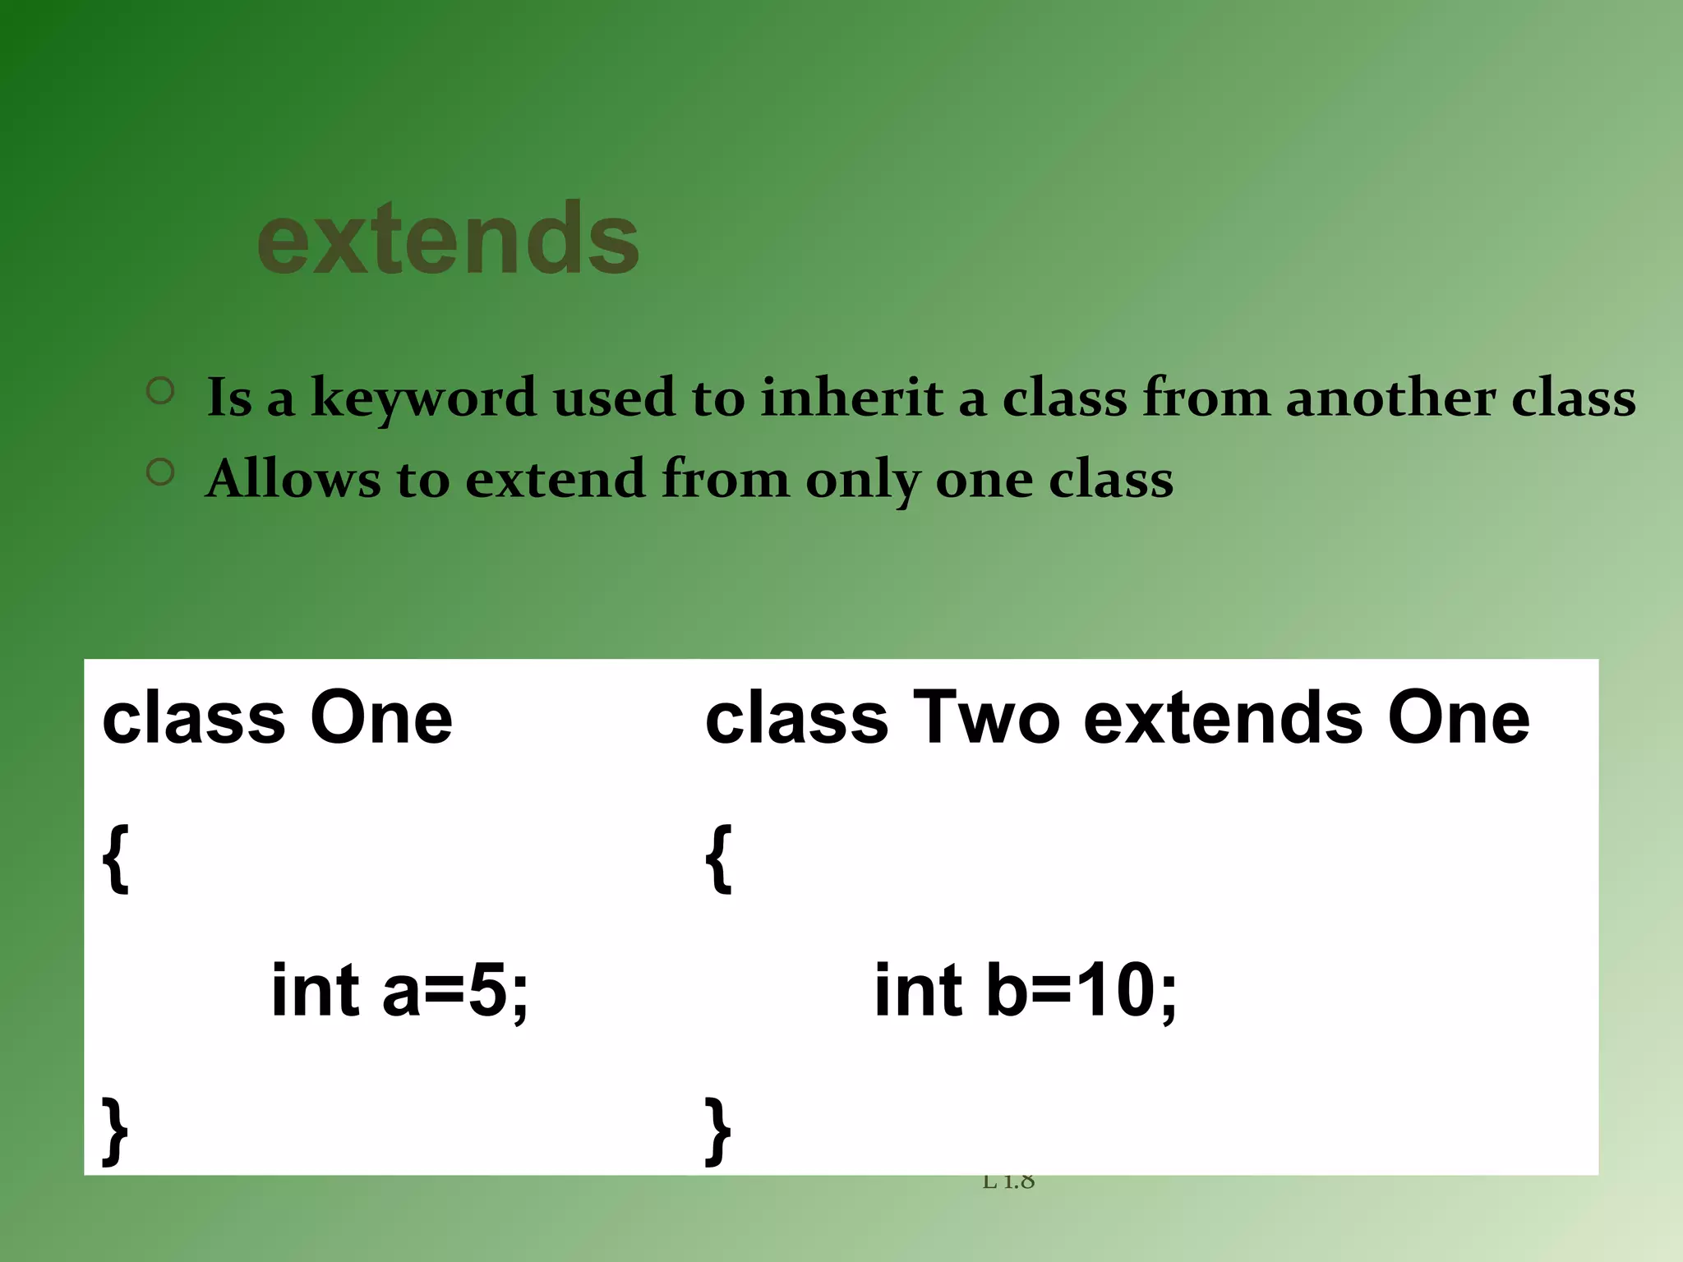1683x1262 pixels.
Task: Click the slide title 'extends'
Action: coord(448,240)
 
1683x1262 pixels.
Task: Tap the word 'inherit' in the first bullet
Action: coord(851,398)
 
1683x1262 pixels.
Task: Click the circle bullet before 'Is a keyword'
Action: coord(161,390)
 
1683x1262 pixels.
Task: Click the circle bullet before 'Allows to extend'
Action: coord(161,472)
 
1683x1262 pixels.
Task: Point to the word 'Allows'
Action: coord(293,479)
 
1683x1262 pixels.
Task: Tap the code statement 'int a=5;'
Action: coord(399,990)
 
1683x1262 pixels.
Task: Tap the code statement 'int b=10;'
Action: coord(1025,990)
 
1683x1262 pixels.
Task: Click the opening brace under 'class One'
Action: coord(116,859)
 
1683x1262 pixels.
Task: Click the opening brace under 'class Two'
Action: coord(718,859)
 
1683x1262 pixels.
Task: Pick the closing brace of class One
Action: coord(116,1131)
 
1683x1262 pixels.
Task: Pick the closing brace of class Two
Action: coord(718,1131)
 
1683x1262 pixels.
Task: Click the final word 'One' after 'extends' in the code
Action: coord(1459,717)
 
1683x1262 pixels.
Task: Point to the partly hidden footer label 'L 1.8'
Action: coord(1008,1182)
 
